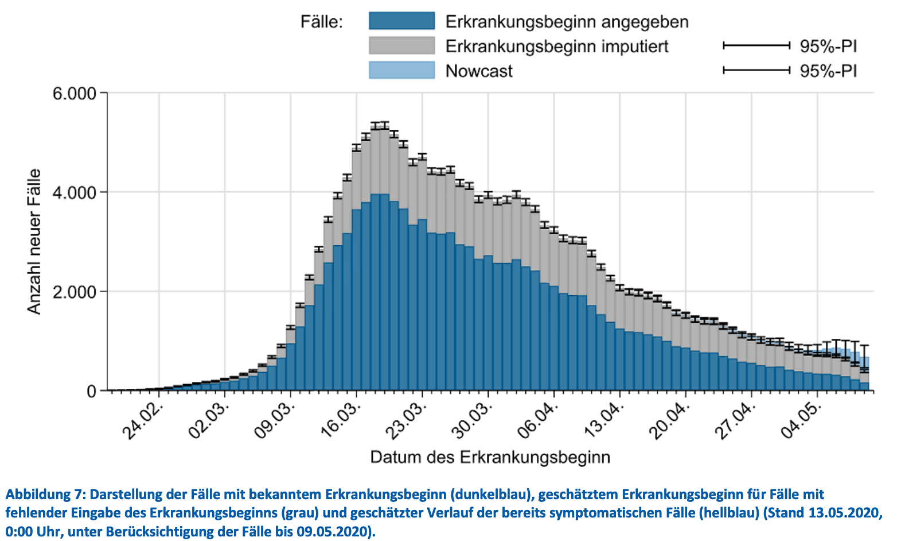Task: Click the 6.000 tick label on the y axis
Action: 75,93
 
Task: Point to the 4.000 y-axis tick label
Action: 75,192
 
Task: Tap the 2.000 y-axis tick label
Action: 75,292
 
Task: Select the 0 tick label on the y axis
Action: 92,391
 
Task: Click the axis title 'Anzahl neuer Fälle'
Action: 34,241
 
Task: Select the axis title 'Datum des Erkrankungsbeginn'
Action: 490,457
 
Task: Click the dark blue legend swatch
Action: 401,21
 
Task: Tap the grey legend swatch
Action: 401,46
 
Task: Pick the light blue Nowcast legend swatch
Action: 401,70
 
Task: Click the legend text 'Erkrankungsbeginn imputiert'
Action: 557,46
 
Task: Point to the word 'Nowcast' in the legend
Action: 479,71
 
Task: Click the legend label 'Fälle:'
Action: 322,22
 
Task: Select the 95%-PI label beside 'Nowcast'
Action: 828,71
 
